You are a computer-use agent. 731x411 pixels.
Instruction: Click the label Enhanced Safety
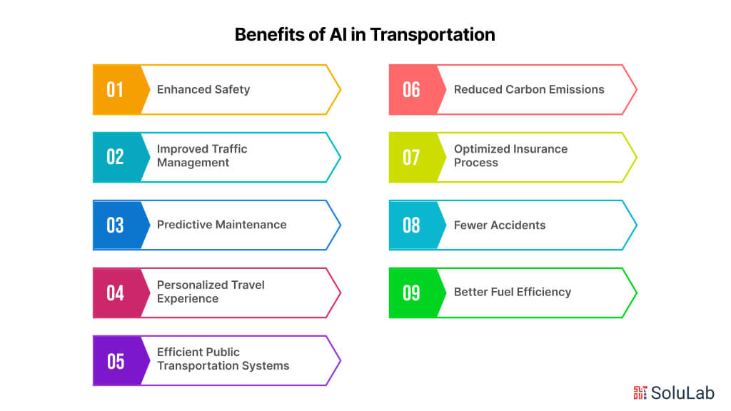click(203, 89)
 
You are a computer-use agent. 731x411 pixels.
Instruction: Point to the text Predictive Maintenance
click(221, 225)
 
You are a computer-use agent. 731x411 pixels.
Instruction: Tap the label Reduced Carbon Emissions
click(529, 89)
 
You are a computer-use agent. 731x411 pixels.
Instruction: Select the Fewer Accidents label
click(500, 225)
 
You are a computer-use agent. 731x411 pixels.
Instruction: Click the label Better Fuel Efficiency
click(513, 292)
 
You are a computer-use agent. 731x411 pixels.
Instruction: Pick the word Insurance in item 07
click(539, 149)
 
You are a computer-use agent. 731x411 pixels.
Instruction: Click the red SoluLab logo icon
click(640, 392)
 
